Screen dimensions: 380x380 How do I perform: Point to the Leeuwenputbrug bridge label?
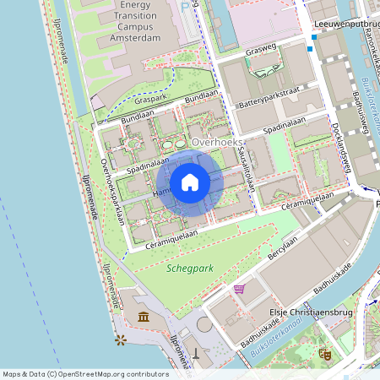345,25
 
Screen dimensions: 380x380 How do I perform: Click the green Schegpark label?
190,268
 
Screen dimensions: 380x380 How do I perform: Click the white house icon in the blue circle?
190,182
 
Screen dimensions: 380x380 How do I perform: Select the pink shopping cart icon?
240,289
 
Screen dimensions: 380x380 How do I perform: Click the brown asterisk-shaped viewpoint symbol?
121,339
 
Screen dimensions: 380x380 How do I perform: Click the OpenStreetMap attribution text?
85,373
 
